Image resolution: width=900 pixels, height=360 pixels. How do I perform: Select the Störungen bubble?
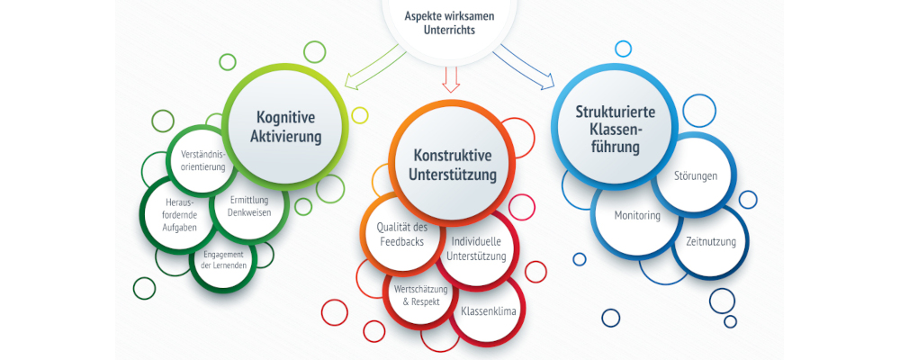tap(696, 175)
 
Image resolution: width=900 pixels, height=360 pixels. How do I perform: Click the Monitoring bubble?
tap(637, 216)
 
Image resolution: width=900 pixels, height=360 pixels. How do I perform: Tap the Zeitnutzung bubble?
tap(710, 242)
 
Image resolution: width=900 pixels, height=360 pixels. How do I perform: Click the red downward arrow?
tap(451, 79)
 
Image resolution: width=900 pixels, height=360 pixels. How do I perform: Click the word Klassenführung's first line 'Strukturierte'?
tap(616, 112)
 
